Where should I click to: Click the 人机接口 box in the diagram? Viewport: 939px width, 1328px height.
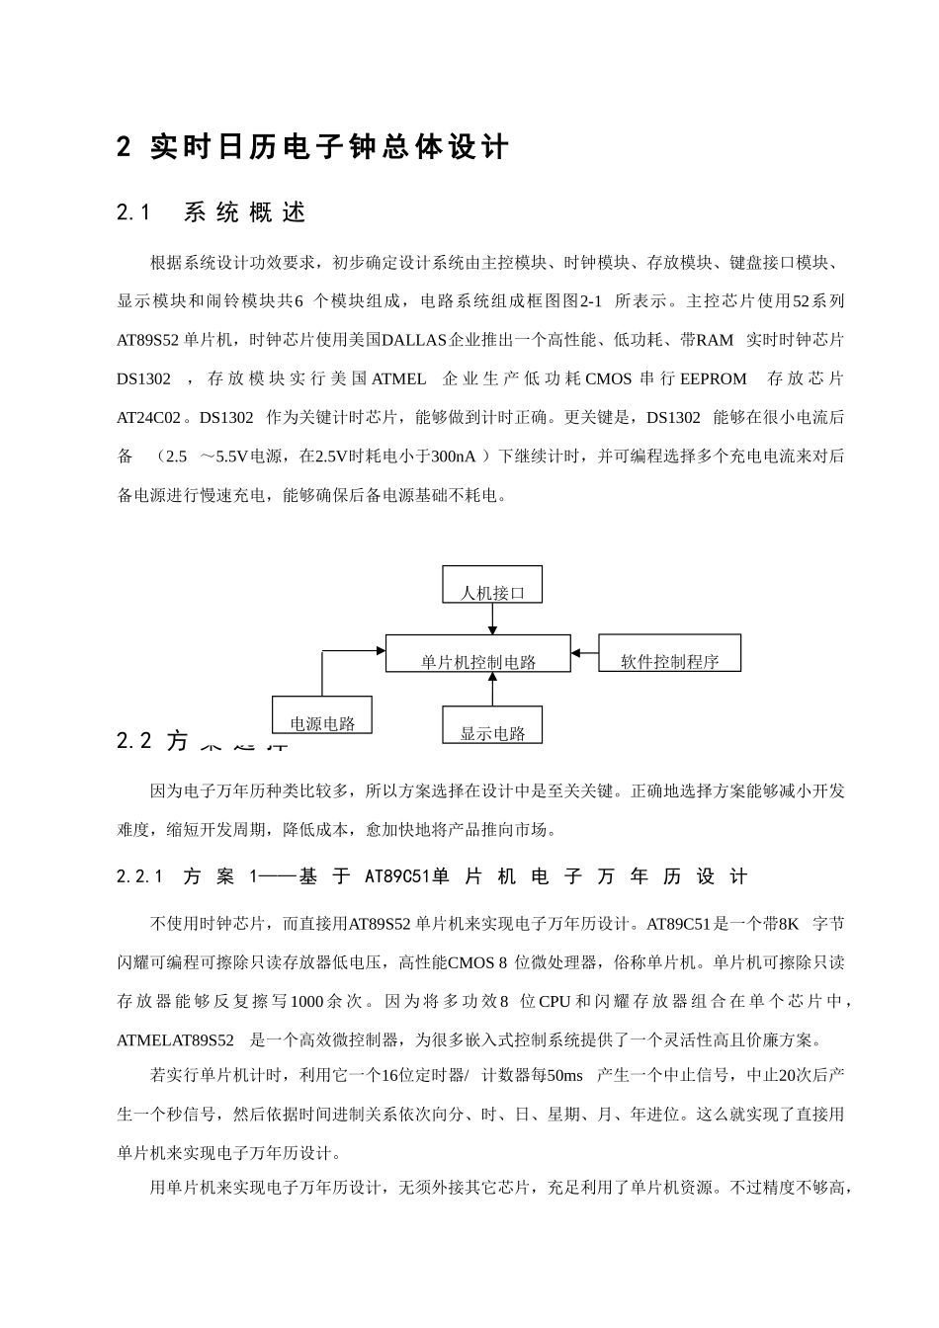click(492, 585)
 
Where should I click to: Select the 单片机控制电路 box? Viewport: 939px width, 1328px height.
click(477, 654)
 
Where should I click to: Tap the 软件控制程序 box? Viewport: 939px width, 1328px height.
click(669, 654)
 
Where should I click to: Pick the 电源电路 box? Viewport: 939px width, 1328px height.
click(322, 715)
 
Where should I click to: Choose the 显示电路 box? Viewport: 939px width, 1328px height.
click(492, 725)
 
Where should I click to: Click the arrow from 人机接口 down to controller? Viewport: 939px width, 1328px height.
click(492, 619)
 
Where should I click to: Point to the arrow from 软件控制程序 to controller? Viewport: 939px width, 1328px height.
click(585, 652)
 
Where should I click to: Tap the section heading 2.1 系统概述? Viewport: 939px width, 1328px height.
click(212, 212)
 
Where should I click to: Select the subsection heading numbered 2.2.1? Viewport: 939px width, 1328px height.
click(432, 876)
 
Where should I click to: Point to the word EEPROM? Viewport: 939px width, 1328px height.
click(713, 378)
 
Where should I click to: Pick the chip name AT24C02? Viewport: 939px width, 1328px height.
click(149, 417)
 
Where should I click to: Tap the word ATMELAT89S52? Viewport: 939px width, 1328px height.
click(176, 1040)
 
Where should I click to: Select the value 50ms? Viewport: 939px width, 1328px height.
click(564, 1076)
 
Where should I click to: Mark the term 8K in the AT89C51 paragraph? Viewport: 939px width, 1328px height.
click(788, 925)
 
